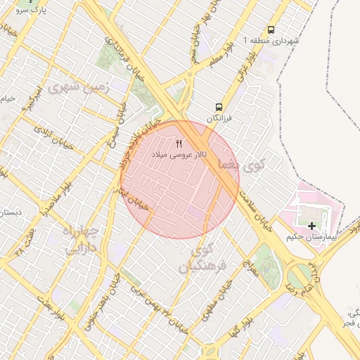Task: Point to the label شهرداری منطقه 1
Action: pos(271,41)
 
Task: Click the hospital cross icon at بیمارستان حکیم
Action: pos(311,225)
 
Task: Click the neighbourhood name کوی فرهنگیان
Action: pos(200,258)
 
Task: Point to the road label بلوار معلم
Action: pos(220,56)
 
